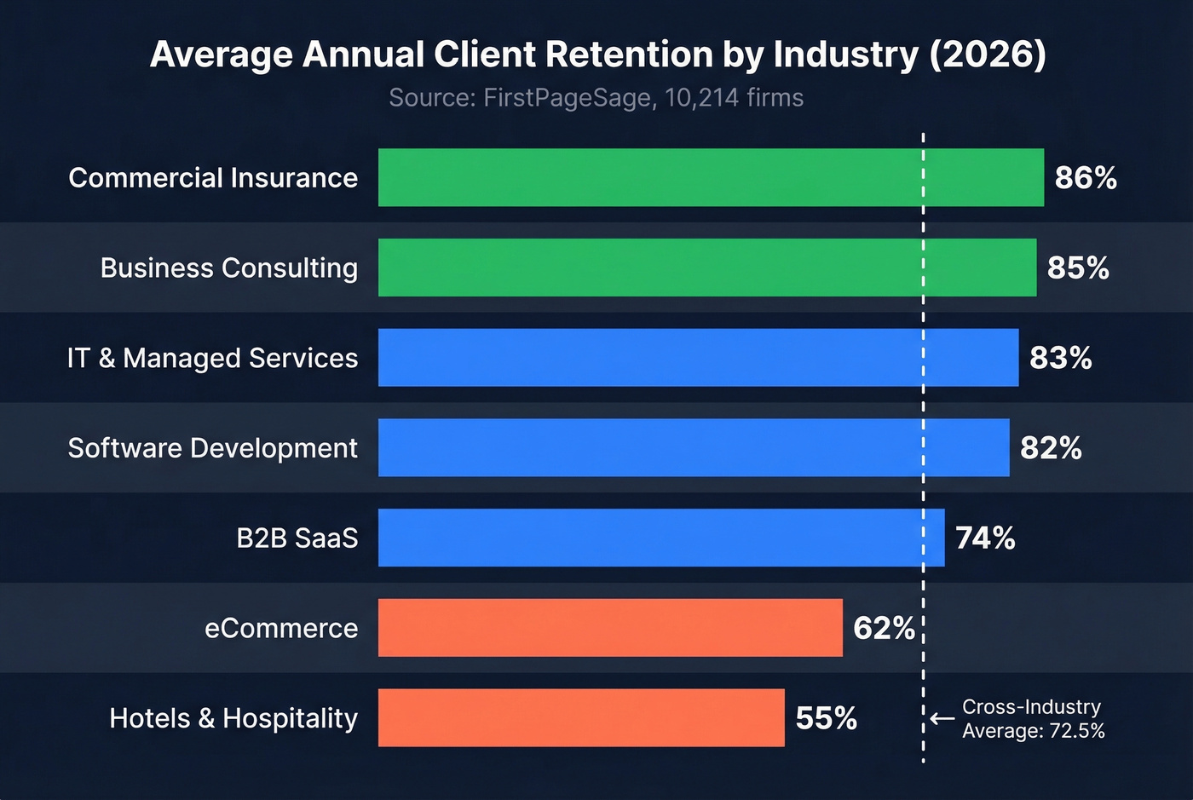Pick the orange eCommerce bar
pos(610,628)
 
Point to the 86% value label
pos(1085,178)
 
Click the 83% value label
pos(1060,358)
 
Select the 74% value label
pos(985,538)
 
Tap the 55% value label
pos(826,718)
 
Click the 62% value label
pos(884,629)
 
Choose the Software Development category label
pos(212,448)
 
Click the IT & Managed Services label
pos(212,358)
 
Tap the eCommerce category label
pos(281,629)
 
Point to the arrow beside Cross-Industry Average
pos(942,719)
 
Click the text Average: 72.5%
pos(1033,731)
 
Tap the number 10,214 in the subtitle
pos(700,98)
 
